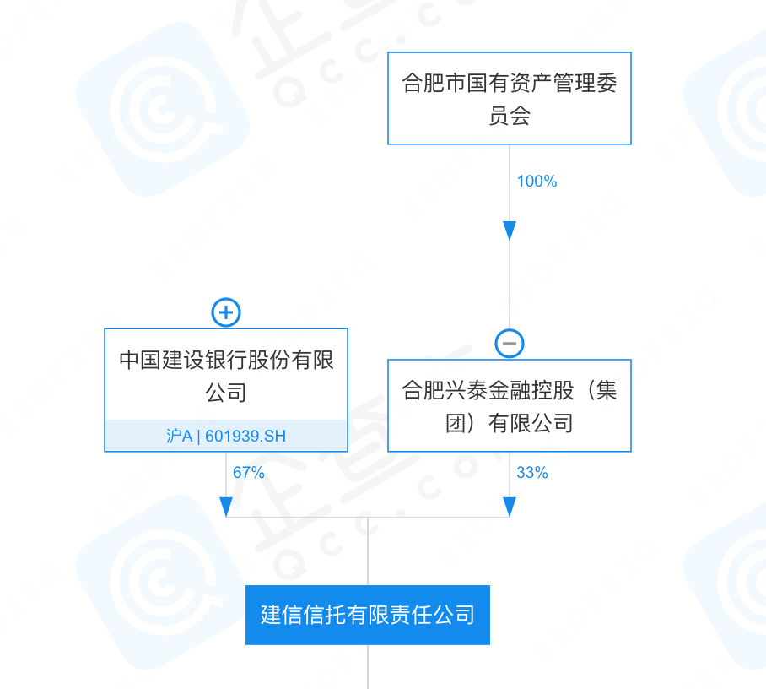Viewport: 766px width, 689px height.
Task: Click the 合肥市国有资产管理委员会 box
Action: tap(510, 98)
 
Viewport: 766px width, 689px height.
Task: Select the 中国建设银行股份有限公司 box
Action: tap(226, 376)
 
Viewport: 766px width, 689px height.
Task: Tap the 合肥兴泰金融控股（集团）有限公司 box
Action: tap(510, 405)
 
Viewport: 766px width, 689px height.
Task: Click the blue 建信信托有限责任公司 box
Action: tap(368, 615)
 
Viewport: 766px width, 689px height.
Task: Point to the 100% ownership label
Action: tap(537, 182)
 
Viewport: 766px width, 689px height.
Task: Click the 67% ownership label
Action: tap(249, 473)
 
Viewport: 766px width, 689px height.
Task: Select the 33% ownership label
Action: tap(532, 473)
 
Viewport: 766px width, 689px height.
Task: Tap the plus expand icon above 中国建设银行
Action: tap(226, 312)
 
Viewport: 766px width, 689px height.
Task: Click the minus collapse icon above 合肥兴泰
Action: tap(510, 343)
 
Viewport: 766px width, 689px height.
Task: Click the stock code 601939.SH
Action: tap(245, 437)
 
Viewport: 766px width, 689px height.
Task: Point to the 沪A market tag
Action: tap(179, 437)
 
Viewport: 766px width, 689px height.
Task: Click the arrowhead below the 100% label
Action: tap(510, 231)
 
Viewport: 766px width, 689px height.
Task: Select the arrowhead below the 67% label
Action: tap(226, 507)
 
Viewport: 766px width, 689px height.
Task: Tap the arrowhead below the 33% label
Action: tap(510, 507)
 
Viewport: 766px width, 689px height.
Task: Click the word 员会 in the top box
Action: tap(510, 116)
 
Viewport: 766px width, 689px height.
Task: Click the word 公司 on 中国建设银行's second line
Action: tap(226, 393)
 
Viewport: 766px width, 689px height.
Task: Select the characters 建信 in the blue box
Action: tap(282, 615)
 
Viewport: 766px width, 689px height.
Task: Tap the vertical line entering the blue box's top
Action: tap(368, 553)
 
